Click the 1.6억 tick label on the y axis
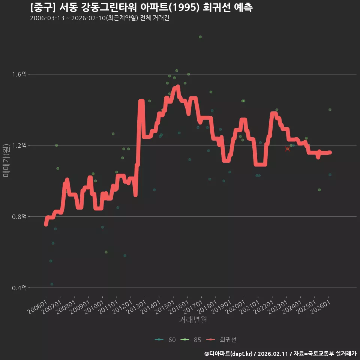tap(19, 74)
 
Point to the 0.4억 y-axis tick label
tap(19, 288)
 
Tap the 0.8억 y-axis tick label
tap(19, 216)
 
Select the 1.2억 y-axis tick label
tap(19, 145)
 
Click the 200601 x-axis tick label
tap(37, 307)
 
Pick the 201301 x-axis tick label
tap(136, 307)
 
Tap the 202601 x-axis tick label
tap(321, 307)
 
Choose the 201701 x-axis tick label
tap(193, 307)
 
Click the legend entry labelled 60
tap(165, 340)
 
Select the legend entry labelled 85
tap(191, 340)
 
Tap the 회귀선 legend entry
tap(221, 340)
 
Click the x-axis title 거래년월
tap(193, 319)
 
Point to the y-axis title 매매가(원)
tap(6, 161)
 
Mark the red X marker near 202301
tap(288, 149)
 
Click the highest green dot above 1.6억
tap(200, 37)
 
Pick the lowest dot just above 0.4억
tap(52, 284)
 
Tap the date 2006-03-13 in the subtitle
tap(47, 18)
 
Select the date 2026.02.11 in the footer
tap(273, 354)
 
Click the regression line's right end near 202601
tap(330, 153)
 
